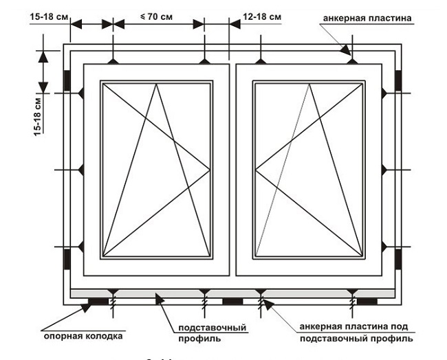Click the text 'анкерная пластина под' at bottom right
356,327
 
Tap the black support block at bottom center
232,301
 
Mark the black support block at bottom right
367,301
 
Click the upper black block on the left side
67,80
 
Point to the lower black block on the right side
399,260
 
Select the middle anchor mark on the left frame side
81,169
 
